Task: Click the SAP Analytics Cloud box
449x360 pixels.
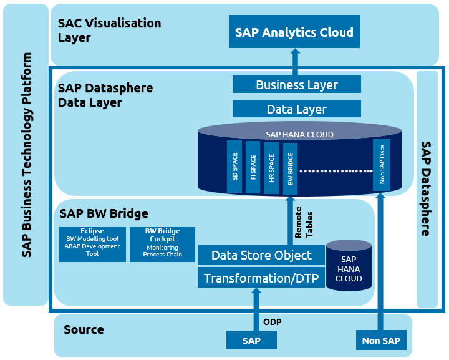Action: point(294,32)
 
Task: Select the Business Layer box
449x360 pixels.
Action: point(297,85)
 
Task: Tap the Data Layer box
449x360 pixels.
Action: point(297,109)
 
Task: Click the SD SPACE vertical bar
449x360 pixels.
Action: point(235,166)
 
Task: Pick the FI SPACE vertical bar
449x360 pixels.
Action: point(253,166)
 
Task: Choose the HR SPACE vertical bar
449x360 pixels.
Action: point(271,166)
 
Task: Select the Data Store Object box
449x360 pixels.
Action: point(261,255)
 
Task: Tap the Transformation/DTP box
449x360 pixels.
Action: point(261,278)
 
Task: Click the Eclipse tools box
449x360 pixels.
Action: point(92,243)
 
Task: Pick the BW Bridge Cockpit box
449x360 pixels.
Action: point(162,244)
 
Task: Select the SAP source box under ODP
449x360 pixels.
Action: point(251,341)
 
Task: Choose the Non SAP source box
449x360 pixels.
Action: point(382,341)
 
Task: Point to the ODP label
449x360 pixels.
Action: point(273,322)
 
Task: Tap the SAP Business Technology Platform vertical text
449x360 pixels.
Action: point(26,155)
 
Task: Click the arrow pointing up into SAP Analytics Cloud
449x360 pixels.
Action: point(294,62)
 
